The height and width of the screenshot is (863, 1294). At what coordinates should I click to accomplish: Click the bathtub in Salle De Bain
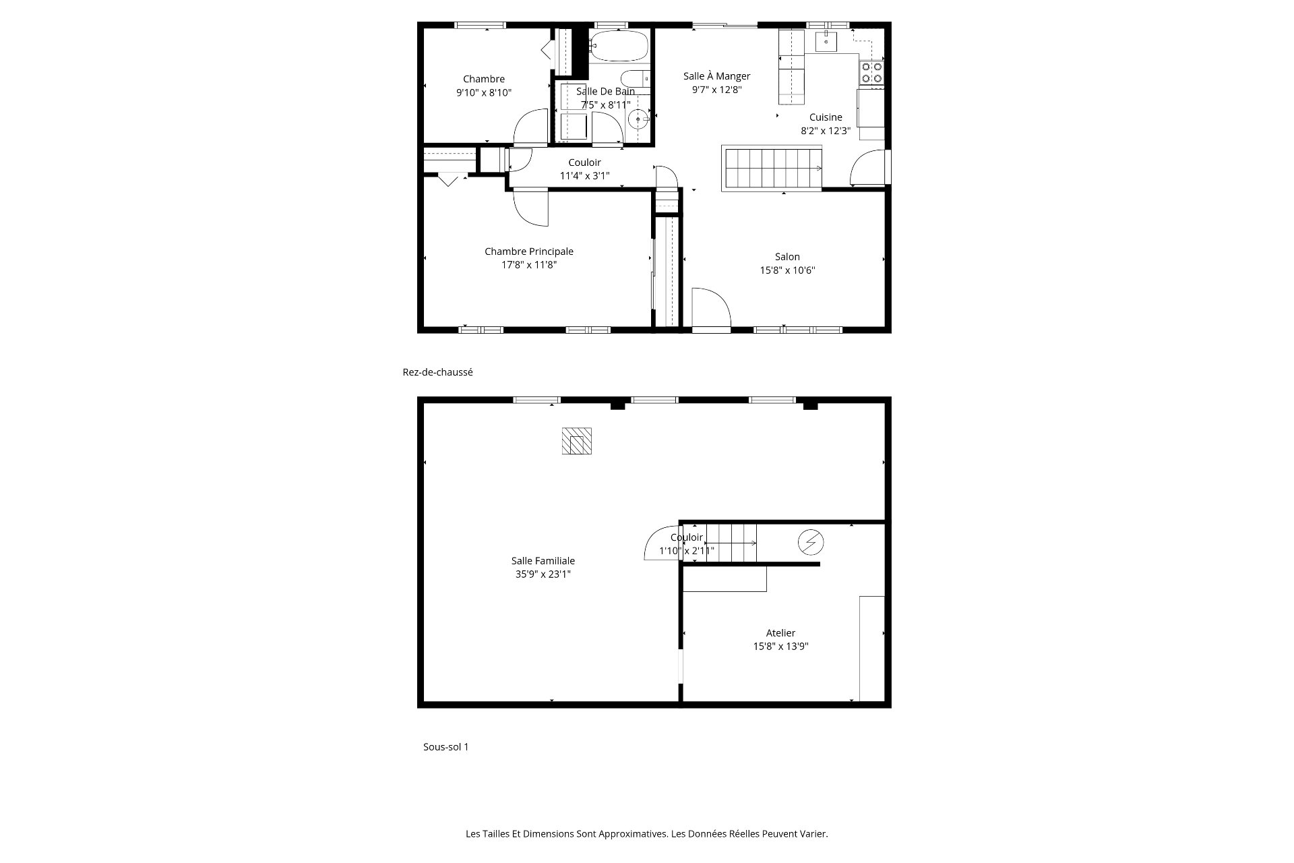coord(618,47)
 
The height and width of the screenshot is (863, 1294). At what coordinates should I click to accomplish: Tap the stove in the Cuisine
coord(871,73)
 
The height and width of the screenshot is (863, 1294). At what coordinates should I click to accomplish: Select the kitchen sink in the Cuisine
coord(826,41)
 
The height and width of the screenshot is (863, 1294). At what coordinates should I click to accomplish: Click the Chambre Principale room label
coord(529,251)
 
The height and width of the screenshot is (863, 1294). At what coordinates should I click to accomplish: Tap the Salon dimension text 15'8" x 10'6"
coord(788,270)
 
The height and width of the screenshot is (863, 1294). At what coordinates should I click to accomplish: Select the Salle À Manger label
coord(716,76)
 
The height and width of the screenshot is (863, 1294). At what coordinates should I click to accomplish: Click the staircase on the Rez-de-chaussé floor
coord(772,168)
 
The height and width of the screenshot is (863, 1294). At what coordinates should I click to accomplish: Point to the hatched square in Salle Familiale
coord(577,441)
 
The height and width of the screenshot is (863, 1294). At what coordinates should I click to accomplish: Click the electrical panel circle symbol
coord(811,542)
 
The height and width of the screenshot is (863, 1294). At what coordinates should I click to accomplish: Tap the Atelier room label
coord(780,633)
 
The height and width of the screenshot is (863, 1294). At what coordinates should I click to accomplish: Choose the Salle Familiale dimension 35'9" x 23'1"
coord(543,574)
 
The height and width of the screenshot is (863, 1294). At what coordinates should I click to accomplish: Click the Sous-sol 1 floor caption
coord(445,747)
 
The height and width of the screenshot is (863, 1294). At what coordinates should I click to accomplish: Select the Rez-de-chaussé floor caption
coord(437,372)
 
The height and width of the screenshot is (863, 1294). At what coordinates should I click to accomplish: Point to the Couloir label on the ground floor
coord(584,162)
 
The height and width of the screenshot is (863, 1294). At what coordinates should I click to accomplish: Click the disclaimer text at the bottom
coord(647,834)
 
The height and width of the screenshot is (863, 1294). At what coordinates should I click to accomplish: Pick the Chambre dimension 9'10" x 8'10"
coord(484,93)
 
